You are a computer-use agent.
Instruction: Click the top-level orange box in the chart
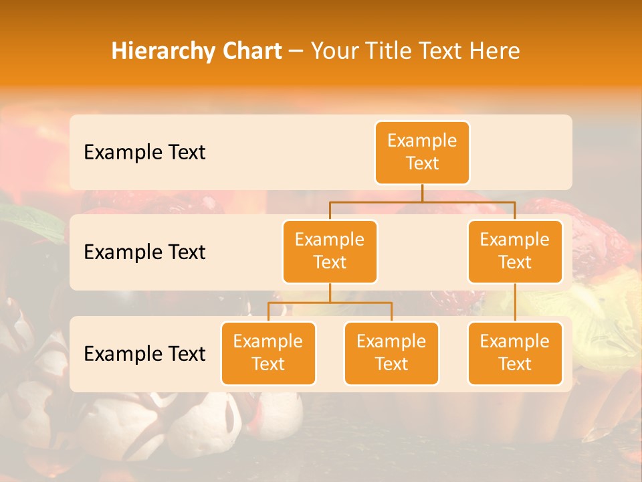(422, 153)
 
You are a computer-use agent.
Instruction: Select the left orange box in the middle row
(330, 252)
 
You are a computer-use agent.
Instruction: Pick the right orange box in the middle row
(515, 252)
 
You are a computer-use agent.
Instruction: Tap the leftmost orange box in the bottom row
(268, 353)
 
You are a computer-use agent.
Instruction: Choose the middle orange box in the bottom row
(391, 353)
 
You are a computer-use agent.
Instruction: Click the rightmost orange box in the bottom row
(515, 353)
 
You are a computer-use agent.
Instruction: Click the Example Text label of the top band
(144, 153)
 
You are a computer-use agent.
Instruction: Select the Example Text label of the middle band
(144, 252)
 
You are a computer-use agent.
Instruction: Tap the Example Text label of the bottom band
(144, 354)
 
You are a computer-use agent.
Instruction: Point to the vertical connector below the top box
(422, 193)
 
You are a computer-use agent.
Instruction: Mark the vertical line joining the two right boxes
(515, 303)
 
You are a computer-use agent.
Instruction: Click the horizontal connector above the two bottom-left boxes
(330, 303)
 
